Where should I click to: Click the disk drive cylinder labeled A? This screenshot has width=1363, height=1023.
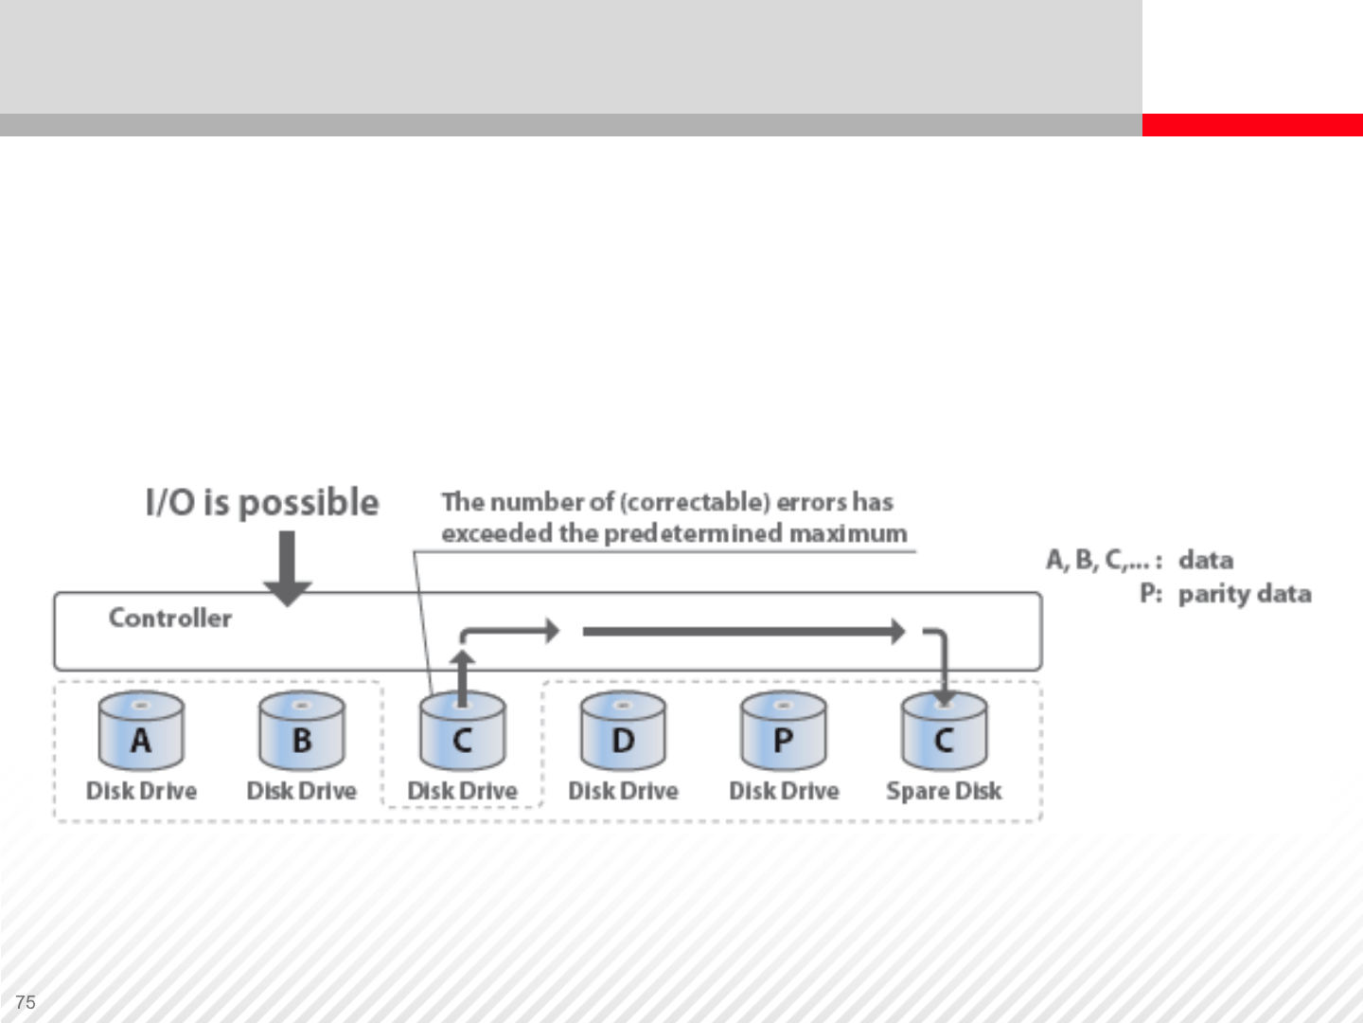tap(141, 731)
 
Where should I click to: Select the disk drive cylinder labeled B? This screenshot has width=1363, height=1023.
tap(302, 731)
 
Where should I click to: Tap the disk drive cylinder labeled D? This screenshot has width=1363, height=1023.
tap(623, 731)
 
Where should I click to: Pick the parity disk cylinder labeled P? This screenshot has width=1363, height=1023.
tap(783, 731)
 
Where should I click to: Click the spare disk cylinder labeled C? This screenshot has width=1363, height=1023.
tap(944, 733)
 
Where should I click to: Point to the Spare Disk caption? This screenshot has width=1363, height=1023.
tap(944, 791)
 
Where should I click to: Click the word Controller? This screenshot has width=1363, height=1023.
tap(170, 618)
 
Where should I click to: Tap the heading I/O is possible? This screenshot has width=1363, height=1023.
tap(262, 502)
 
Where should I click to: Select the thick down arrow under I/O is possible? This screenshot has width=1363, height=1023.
tap(287, 566)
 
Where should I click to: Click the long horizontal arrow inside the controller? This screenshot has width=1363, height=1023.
tap(743, 631)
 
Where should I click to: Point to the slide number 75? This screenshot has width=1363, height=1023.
tap(26, 1002)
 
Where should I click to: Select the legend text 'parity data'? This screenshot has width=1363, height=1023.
tap(1245, 594)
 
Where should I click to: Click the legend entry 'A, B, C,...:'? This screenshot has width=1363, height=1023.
tap(1104, 560)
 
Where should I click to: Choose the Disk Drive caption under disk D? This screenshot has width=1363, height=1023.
tap(623, 791)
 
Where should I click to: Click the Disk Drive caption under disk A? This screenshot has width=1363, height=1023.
tap(141, 791)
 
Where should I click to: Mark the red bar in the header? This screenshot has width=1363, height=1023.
tap(1252, 125)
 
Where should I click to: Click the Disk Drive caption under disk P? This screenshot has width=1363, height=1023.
tap(784, 791)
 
